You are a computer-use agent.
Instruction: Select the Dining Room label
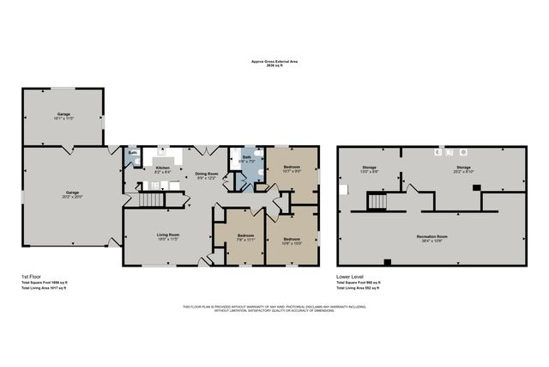pos(207,174)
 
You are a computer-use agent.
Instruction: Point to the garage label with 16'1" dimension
pos(63,114)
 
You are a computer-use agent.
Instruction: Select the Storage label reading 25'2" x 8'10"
pos(463,168)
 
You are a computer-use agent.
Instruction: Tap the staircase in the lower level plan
pos(377,200)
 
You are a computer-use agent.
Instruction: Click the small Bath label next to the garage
pos(133,153)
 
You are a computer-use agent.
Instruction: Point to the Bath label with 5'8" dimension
pos(246,159)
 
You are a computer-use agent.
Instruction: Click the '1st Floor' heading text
pos(31,277)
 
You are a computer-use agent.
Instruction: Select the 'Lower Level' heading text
pos(352,277)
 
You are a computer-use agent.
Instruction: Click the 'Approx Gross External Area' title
pos(274,62)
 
